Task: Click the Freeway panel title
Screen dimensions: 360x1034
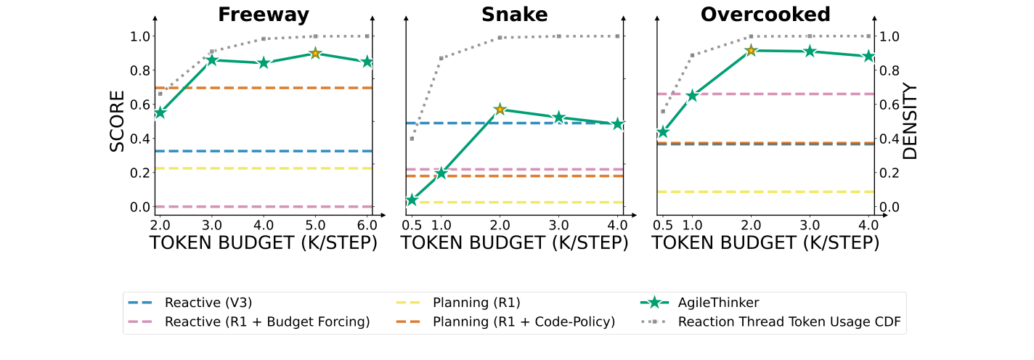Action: point(264,15)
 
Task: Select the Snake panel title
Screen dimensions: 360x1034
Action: point(514,15)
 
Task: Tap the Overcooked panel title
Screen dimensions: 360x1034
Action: point(765,15)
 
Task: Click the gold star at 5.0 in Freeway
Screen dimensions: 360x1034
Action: point(315,54)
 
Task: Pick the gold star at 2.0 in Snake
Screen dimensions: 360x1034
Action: point(500,110)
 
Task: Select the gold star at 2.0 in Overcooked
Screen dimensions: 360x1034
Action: point(752,50)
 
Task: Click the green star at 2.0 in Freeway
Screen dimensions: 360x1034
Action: point(160,112)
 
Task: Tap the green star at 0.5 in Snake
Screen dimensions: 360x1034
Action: point(412,200)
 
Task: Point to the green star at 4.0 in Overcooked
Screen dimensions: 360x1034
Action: point(868,56)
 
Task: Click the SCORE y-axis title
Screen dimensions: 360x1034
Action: point(118,121)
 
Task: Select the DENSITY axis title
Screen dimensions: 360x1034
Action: point(910,121)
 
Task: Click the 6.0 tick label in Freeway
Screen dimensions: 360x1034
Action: point(367,224)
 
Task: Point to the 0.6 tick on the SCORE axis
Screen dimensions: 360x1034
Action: point(139,105)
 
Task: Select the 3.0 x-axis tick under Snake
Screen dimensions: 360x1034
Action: point(558,224)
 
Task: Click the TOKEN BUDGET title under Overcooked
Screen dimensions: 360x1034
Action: point(765,243)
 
